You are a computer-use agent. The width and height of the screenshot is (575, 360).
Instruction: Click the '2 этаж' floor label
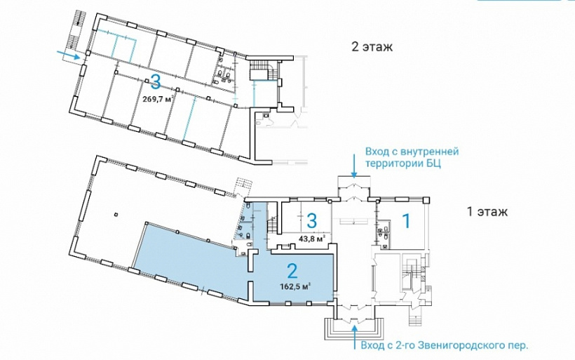372,47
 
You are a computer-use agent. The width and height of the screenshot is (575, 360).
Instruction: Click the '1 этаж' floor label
487,212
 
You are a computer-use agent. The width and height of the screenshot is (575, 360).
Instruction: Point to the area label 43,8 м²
313,239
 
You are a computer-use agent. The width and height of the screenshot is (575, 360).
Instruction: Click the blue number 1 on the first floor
406,221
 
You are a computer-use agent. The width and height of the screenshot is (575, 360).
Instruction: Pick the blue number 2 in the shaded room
292,271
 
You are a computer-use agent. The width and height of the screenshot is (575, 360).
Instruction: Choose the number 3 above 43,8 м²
311,221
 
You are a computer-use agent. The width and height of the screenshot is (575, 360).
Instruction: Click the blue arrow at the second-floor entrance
69,55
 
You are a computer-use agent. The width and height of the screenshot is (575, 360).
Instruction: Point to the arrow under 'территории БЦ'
354,166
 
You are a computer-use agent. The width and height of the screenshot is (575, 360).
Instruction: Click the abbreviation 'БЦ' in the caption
435,164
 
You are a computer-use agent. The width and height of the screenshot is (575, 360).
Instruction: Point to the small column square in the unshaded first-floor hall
116,214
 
